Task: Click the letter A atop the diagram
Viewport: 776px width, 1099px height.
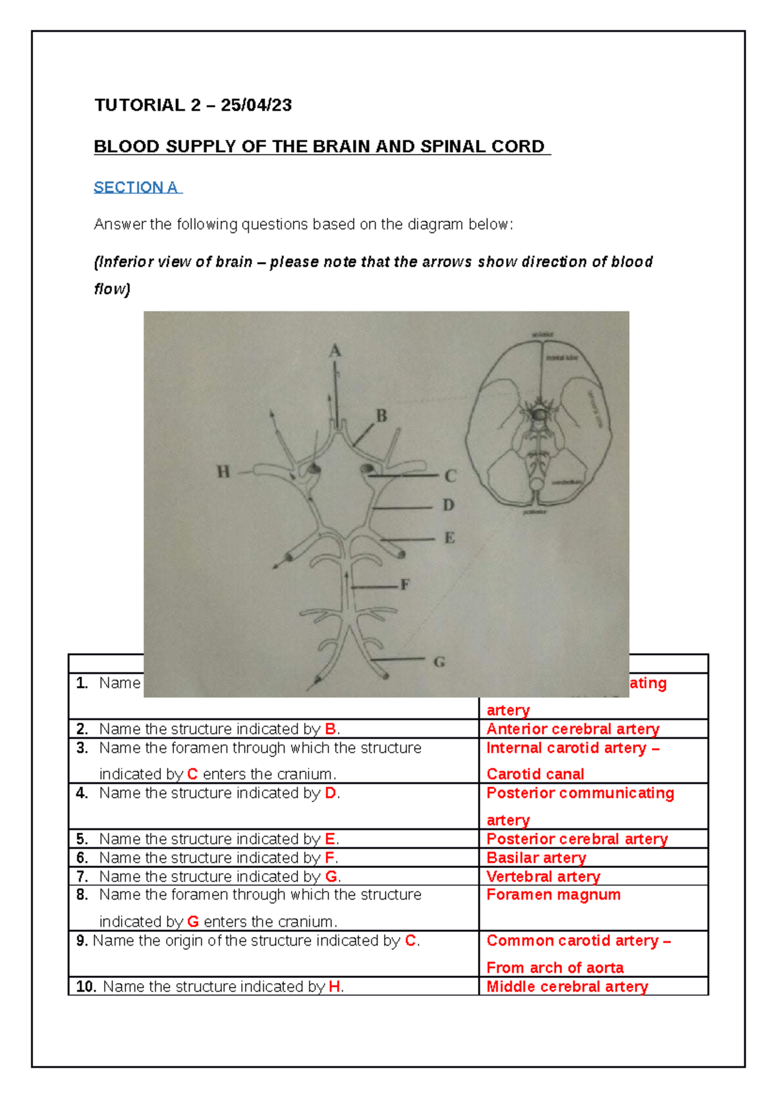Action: [x=335, y=351]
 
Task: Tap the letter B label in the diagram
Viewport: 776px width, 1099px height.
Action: [x=382, y=416]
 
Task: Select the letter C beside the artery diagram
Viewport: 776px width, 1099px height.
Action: [x=451, y=476]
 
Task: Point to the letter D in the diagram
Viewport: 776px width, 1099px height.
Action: [x=448, y=505]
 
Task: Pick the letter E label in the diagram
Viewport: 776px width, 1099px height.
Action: [x=449, y=538]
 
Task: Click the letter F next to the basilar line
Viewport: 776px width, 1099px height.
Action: [x=405, y=585]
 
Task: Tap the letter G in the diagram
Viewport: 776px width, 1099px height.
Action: [x=439, y=662]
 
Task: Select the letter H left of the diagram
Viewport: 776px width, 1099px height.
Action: [x=223, y=472]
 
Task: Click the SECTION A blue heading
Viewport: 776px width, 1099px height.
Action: [x=137, y=188]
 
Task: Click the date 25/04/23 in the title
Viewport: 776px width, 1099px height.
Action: [x=256, y=105]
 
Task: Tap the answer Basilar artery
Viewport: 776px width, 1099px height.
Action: [x=536, y=858]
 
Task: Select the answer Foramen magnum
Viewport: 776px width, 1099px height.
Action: [x=554, y=894]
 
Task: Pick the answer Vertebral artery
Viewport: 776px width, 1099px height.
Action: [x=543, y=876]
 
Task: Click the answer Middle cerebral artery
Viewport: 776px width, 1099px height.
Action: [x=567, y=986]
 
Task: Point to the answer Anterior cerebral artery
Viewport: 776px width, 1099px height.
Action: [x=573, y=729]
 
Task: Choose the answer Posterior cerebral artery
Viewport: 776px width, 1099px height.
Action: [x=577, y=839]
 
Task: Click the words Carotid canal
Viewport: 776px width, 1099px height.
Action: [x=535, y=774]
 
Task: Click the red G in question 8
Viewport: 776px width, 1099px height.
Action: [x=193, y=922]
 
